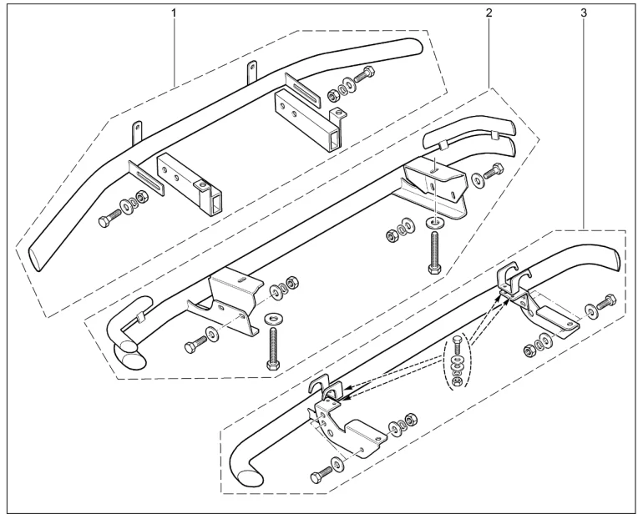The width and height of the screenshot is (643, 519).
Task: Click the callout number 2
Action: click(488, 15)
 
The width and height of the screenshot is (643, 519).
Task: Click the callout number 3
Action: click(583, 15)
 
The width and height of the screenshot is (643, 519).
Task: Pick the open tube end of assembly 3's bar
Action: click(249, 476)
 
